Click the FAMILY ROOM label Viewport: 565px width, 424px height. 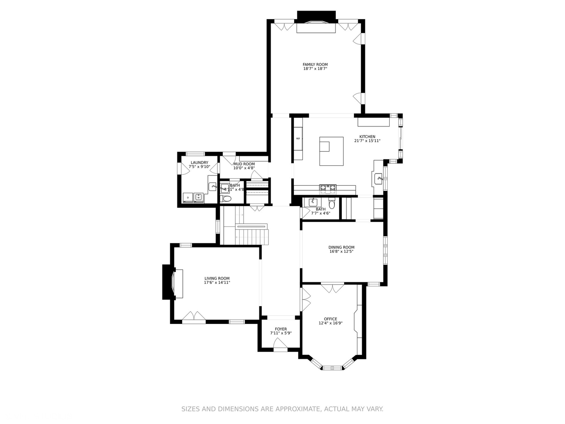(x=315, y=64)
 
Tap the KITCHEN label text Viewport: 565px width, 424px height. (x=367, y=137)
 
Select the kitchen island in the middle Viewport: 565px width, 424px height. (x=332, y=151)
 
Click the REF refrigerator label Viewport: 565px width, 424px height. (x=298, y=139)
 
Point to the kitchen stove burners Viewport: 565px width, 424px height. (x=328, y=188)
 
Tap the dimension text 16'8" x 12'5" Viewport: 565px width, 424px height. (x=341, y=252)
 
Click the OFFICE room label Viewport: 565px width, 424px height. (x=330, y=319)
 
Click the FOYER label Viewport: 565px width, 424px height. (x=281, y=329)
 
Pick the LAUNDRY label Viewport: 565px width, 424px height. (x=199, y=163)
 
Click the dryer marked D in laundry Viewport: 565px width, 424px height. (x=188, y=197)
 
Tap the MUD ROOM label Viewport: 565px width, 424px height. (x=244, y=164)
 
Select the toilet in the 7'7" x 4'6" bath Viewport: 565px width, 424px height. (x=332, y=203)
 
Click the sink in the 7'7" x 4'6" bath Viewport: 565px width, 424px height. (x=313, y=202)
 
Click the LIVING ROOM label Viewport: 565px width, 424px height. (x=217, y=278)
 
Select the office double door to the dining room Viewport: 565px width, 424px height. (x=332, y=289)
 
